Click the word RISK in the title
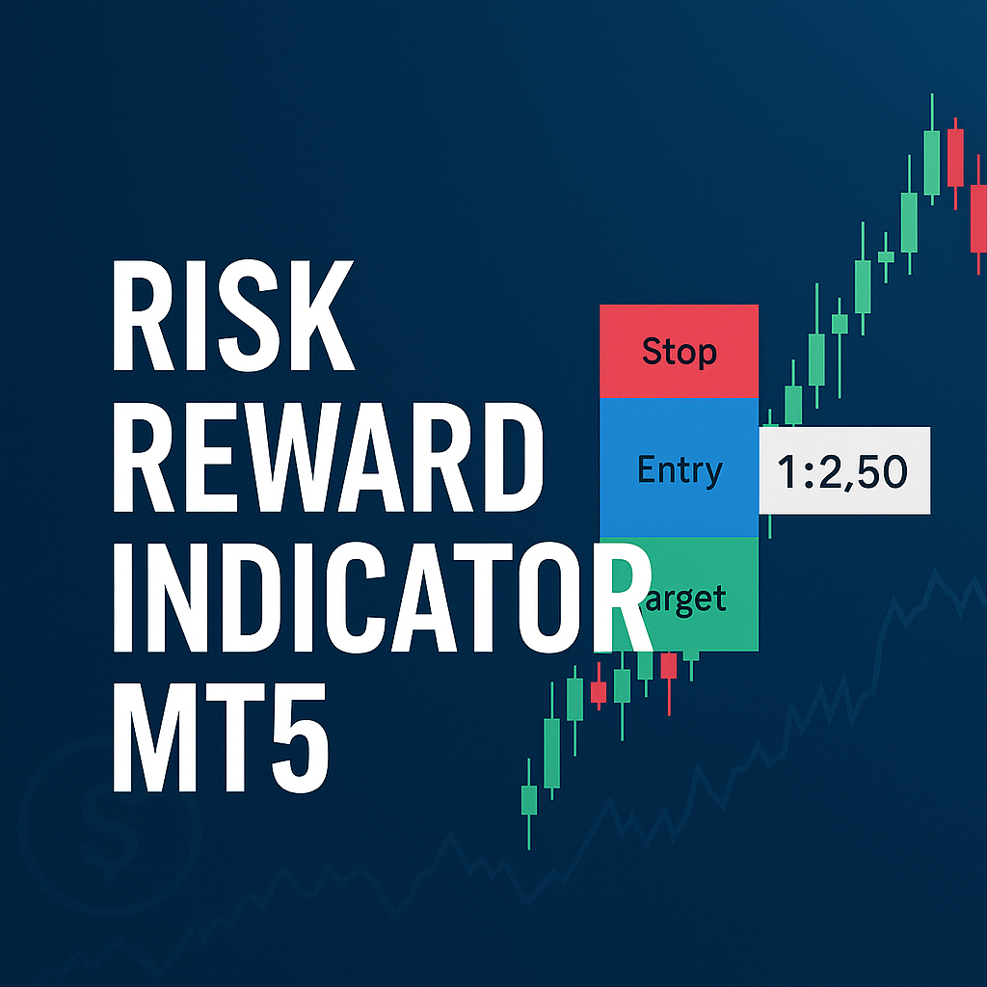[x=233, y=315]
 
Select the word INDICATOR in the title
[x=382, y=597]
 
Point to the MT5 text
[x=221, y=737]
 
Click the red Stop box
[x=679, y=351]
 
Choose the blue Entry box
[x=679, y=467]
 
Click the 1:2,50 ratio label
[x=844, y=470]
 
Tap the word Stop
[x=680, y=352]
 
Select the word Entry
[x=680, y=470]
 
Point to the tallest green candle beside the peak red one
[x=932, y=149]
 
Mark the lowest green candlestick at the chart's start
[x=529, y=804]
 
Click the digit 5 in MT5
[x=301, y=737]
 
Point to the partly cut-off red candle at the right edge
[x=978, y=214]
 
